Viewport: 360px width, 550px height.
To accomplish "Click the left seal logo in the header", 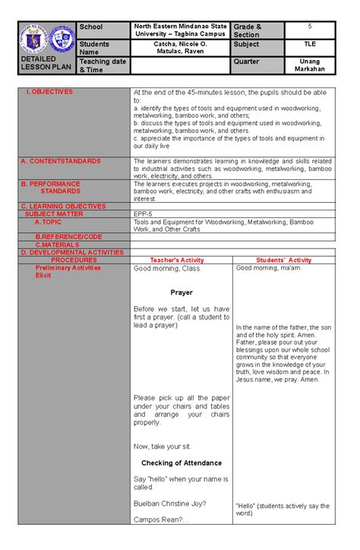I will point(33,38).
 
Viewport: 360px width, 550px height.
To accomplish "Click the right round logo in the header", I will point(62,38).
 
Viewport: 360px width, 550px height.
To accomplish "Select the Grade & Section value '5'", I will point(310,27).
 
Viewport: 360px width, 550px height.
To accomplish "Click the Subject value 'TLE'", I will point(310,45).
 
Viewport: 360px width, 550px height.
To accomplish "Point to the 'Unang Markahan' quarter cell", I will point(310,65).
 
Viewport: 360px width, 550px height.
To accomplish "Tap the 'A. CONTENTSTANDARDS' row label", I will point(60,161).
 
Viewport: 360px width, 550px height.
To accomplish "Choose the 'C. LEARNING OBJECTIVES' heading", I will point(63,206).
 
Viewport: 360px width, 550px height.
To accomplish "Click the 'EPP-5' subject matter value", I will point(145,213).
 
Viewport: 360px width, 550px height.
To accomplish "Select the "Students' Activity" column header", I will point(283,260).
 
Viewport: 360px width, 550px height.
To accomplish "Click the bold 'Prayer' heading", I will point(182,292).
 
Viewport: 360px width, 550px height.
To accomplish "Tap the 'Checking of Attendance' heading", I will point(182,463).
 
